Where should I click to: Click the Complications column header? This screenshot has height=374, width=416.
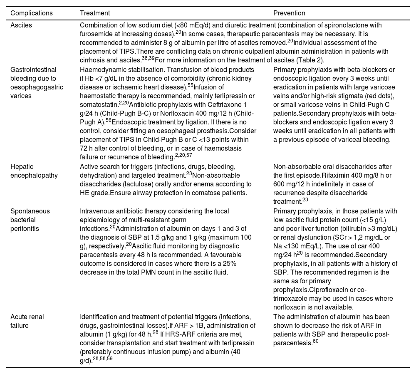tap(31, 13)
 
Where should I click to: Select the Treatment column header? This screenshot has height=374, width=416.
tap(95, 13)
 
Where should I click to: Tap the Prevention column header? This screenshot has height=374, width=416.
tap(289, 13)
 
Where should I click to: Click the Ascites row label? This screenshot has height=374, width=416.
tap(21, 25)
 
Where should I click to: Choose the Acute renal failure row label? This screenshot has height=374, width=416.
tap(27, 320)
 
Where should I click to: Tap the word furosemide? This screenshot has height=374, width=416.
tap(95, 33)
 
